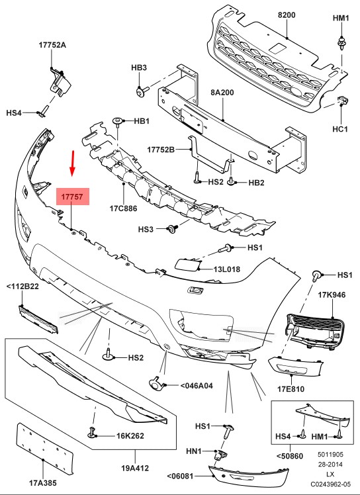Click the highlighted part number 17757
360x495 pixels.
tap(72, 197)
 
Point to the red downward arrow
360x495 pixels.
tap(73, 163)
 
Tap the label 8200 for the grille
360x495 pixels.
tap(287, 15)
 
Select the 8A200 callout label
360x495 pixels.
tap(222, 93)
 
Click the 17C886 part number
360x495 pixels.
tap(123, 208)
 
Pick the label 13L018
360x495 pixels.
tap(227, 269)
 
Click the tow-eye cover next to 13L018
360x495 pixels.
tap(187, 265)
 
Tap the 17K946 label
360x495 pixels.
tap(332, 295)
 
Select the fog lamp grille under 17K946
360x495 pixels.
tap(316, 332)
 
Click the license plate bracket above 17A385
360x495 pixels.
tap(44, 449)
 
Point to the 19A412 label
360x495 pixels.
tap(135, 467)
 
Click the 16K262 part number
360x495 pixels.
tap(130, 436)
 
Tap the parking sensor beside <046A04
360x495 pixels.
tap(156, 383)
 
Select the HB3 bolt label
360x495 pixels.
tap(139, 67)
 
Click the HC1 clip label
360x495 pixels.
tap(340, 129)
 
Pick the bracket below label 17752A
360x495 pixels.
tap(60, 82)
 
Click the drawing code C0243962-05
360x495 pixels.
tap(330, 484)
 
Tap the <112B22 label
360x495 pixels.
tap(22, 287)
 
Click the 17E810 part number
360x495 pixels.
tap(291, 389)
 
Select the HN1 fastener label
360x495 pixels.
tap(194, 451)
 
